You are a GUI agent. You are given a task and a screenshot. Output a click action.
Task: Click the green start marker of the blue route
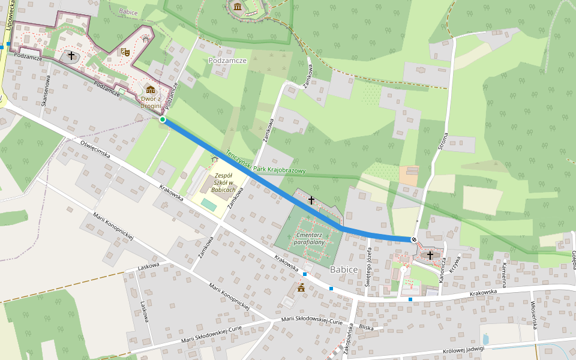[163, 120]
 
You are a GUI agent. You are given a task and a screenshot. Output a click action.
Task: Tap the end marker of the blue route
[414, 239]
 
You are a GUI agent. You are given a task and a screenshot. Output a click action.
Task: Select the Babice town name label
[344, 270]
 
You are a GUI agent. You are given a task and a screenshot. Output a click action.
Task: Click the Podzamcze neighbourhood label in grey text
[228, 61]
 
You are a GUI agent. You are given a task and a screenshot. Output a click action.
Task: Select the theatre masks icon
[125, 52]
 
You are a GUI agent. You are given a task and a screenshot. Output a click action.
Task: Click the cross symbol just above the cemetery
[311, 199]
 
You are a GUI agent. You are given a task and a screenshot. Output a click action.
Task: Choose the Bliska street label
[366, 328]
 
